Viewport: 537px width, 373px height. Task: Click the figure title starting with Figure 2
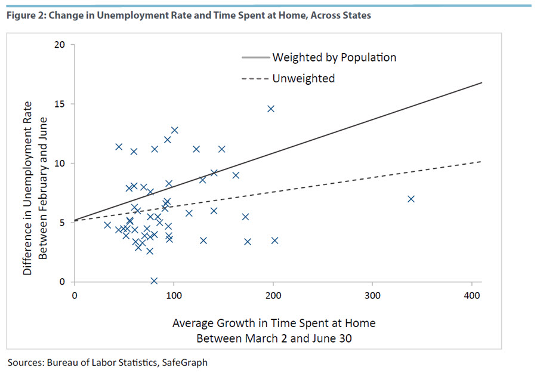pyautogui.click(x=189, y=16)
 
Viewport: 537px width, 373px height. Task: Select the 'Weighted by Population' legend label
pyautogui.click(x=334, y=57)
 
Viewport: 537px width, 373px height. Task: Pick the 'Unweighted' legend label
pyautogui.click(x=303, y=78)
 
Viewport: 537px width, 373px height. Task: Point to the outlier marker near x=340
pyautogui.click(x=411, y=199)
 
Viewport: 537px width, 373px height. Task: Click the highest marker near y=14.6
pyautogui.click(x=271, y=109)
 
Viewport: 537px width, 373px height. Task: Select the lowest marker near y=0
pyautogui.click(x=154, y=280)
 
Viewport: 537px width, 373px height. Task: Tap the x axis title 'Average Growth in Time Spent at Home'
pyautogui.click(x=274, y=323)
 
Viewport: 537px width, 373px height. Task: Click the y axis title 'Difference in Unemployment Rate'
pyautogui.click(x=27, y=189)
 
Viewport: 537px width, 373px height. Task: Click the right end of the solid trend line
pyautogui.click(x=481, y=83)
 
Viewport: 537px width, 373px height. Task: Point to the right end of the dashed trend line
pyautogui.click(x=481, y=161)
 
